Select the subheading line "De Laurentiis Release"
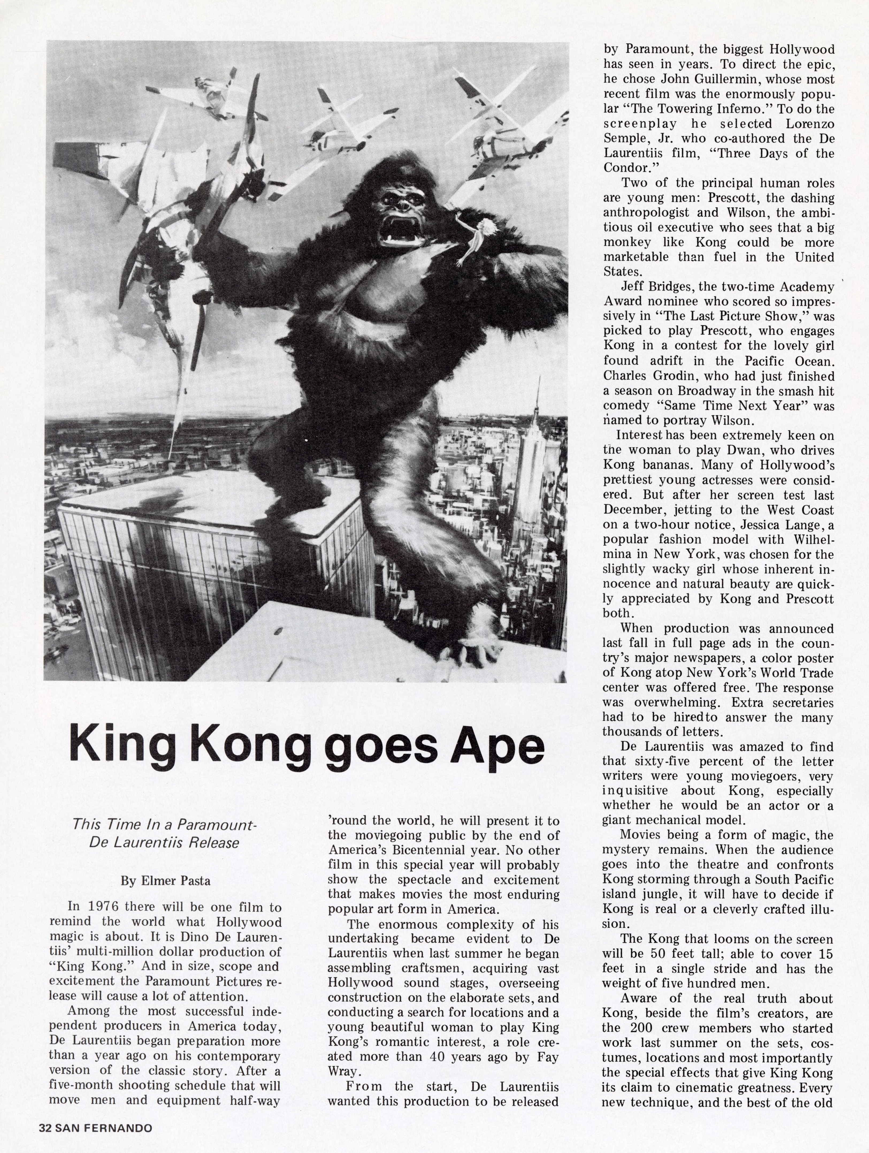[164, 843]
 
